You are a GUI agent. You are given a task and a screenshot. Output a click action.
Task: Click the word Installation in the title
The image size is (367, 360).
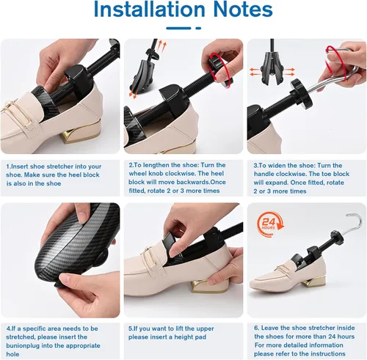tap(149, 9)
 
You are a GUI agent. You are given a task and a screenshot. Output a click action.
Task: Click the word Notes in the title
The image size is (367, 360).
tap(243, 9)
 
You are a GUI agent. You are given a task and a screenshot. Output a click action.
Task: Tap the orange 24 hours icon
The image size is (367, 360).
tap(270, 224)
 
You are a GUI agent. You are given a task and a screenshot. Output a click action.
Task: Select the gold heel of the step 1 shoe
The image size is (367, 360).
tap(81, 134)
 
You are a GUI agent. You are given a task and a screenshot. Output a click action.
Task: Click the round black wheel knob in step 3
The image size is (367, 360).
tap(302, 94)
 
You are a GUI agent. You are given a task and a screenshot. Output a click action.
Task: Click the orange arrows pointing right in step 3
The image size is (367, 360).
tap(289, 72)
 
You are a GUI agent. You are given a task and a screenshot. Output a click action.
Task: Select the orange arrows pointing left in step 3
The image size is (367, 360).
tap(255, 72)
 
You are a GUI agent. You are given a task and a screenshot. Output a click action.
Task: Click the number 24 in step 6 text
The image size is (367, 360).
tap(332, 337)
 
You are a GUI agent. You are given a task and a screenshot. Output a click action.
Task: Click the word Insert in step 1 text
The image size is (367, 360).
tap(20, 166)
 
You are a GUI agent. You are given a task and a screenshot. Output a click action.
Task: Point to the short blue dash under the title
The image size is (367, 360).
tap(198, 29)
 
